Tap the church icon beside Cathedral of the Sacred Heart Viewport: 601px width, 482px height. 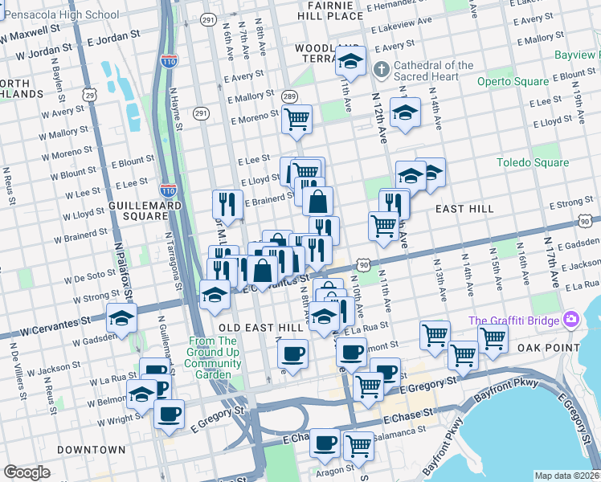point(382,71)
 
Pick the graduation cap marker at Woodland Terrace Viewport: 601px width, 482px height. point(350,61)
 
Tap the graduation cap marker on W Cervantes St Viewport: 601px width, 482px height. point(121,318)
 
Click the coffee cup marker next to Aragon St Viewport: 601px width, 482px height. point(325,443)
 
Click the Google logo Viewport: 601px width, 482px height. point(27,472)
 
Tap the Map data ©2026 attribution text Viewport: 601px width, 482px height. point(566,476)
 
